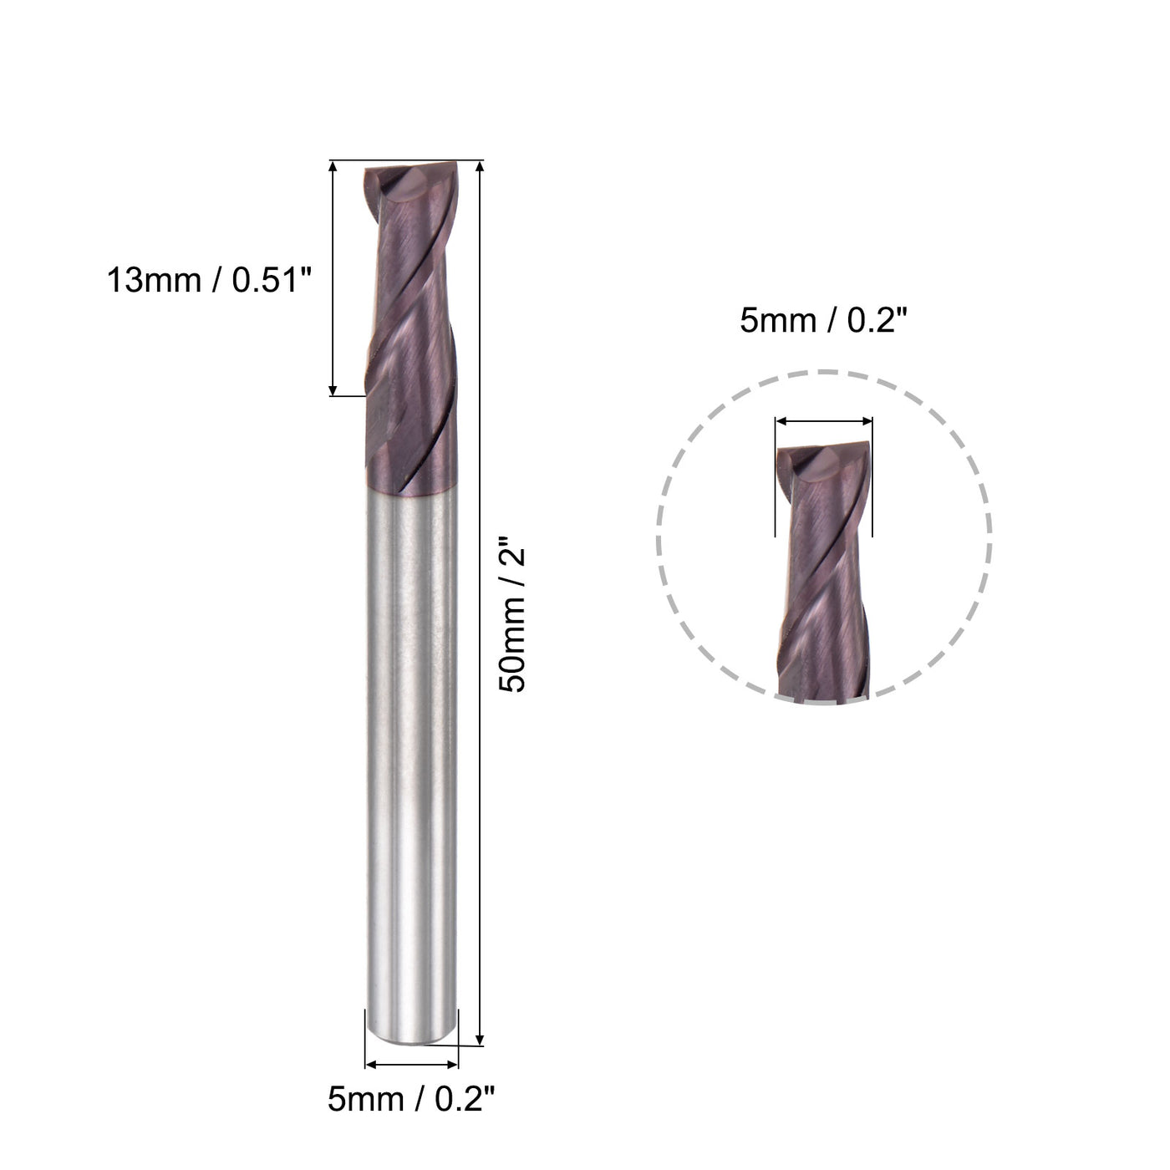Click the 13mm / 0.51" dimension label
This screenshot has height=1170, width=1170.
pyautogui.click(x=208, y=279)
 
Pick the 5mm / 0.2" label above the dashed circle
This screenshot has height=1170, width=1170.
pyautogui.click(x=823, y=319)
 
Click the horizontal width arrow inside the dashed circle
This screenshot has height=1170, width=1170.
pyautogui.click(x=824, y=422)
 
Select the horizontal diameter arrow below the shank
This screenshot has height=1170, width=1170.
pyautogui.click(x=413, y=1065)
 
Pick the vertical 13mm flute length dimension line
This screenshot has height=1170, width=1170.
pyautogui.click(x=333, y=279)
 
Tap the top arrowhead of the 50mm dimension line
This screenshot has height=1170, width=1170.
pyautogui.click(x=480, y=166)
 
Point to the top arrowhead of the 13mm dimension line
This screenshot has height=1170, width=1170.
pyautogui.click(x=333, y=167)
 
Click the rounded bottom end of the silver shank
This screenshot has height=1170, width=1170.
pyautogui.click(x=412, y=1036)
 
